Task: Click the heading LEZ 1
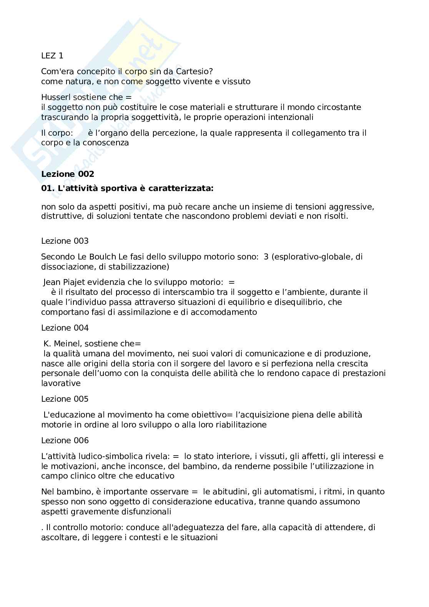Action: (52, 56)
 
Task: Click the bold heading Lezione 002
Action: (67, 174)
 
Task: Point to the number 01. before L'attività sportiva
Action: (47, 189)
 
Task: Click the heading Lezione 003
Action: (65, 241)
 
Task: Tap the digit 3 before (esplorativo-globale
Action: (266, 257)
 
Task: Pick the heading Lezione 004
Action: (65, 328)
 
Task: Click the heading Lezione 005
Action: (65, 399)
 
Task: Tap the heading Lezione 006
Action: (65, 441)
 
